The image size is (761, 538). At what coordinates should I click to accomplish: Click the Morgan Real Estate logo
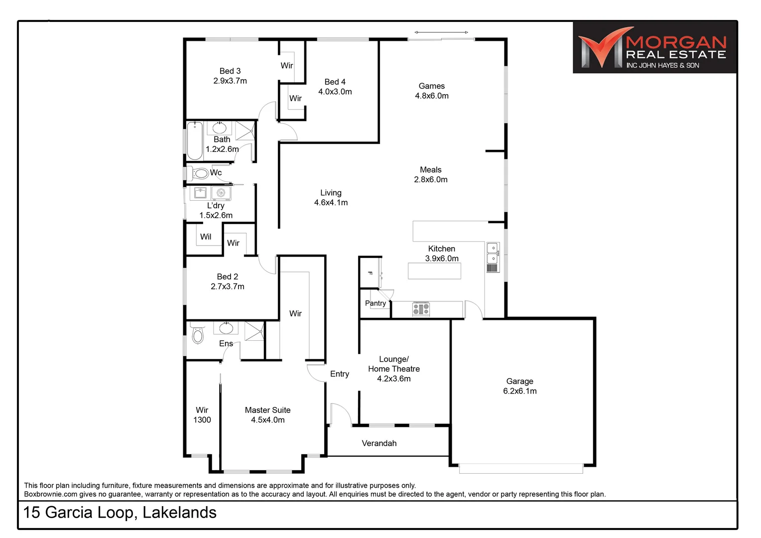click(654, 48)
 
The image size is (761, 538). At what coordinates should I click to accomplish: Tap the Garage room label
click(519, 386)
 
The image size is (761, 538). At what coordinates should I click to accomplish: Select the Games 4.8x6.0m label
click(432, 91)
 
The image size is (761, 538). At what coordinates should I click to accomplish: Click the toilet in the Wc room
click(200, 173)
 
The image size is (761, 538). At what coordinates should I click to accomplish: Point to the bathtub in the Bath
click(195, 140)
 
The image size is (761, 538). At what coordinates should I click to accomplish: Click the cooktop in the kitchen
click(421, 309)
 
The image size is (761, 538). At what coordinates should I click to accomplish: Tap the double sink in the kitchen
click(492, 253)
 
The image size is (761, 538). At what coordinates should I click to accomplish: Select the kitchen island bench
click(434, 270)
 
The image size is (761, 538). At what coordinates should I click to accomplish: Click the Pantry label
click(375, 303)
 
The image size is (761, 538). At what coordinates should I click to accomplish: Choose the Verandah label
click(379, 443)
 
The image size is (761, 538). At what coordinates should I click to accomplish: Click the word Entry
click(340, 374)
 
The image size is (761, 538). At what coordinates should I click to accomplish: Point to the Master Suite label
click(267, 415)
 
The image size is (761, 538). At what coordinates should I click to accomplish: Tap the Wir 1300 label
click(202, 415)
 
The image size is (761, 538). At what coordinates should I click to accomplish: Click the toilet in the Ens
click(198, 335)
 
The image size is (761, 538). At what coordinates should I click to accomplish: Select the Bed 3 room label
click(230, 76)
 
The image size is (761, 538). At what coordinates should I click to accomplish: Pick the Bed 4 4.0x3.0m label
click(335, 87)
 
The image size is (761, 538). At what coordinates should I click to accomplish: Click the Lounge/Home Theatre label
click(394, 369)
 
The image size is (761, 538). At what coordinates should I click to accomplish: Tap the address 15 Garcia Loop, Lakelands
click(120, 513)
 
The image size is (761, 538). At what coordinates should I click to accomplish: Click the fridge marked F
click(370, 273)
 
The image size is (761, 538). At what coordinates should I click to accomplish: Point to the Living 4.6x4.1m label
click(331, 197)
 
